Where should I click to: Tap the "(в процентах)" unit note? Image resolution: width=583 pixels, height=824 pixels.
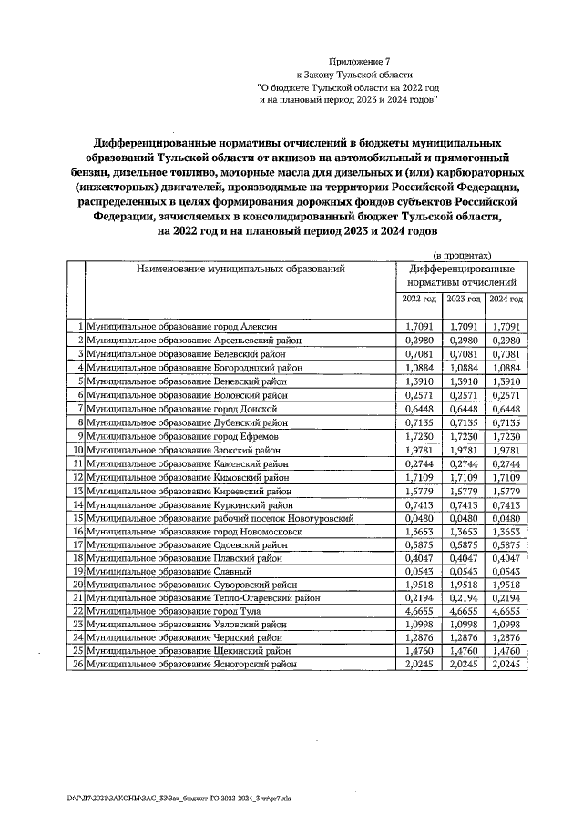click(462, 257)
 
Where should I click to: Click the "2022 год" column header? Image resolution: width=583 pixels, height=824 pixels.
click(418, 299)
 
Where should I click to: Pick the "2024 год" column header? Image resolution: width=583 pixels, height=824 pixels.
click(505, 299)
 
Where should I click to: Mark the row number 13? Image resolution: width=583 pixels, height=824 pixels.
click(78, 490)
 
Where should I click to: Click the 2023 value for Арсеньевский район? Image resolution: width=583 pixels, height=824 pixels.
click(462, 339)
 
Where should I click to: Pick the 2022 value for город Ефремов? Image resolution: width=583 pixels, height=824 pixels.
click(417, 438)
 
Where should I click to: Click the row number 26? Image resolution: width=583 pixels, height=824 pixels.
click(78, 666)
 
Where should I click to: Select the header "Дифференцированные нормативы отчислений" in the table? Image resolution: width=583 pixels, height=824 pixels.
click(462, 277)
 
